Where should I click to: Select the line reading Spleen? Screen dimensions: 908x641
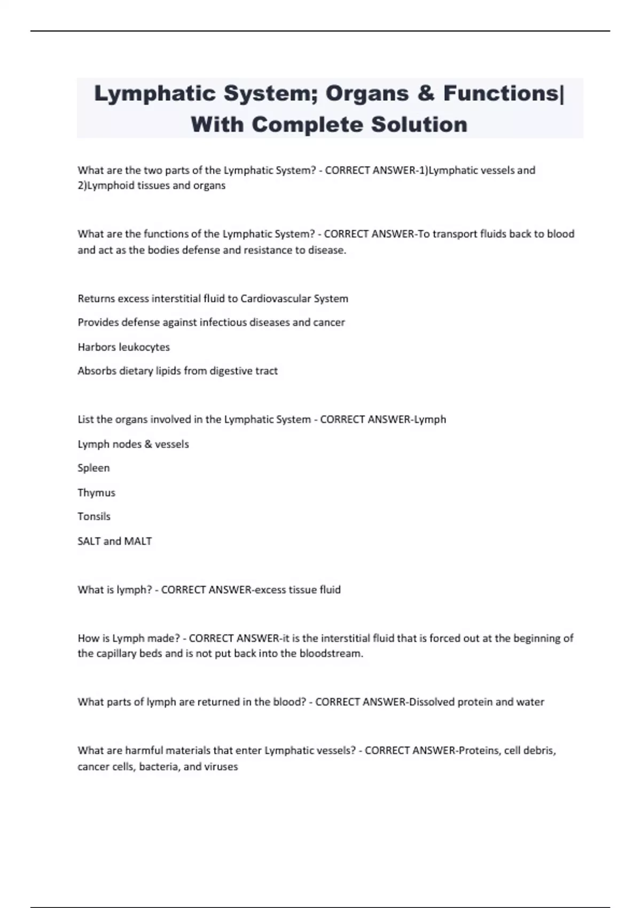93,468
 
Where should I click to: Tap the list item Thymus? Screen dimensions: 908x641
96,492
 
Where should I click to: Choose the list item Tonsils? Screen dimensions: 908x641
94,516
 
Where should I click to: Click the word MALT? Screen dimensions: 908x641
138,541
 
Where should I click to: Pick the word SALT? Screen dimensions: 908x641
89,541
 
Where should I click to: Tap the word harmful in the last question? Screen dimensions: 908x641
144,750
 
